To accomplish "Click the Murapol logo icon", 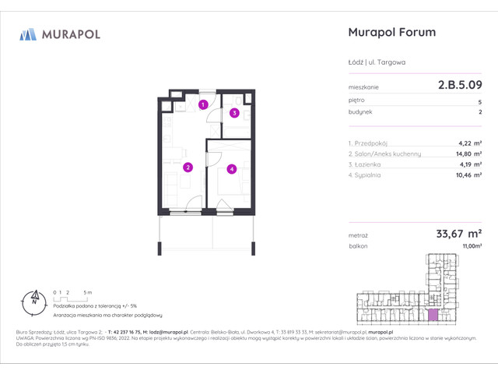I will coord(28,34).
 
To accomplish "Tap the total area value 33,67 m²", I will coord(456,233).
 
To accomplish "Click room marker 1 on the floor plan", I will coord(202,104).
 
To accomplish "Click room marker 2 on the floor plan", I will coord(188,167).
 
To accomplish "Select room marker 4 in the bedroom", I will coord(231,168).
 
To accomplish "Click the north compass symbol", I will coord(34,297).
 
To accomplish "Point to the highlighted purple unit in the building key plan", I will coord(433,315).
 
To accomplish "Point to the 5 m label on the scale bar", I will coord(88,291).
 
